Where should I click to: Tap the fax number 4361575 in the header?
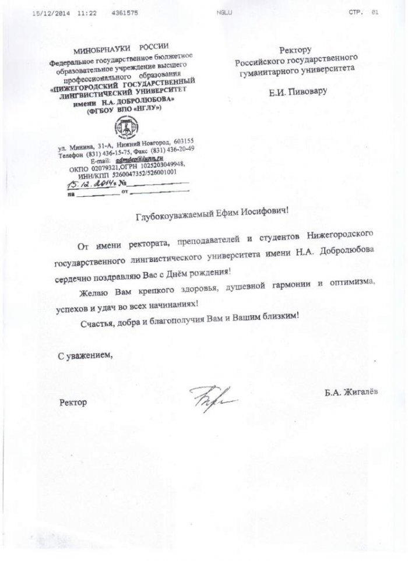point(124,12)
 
